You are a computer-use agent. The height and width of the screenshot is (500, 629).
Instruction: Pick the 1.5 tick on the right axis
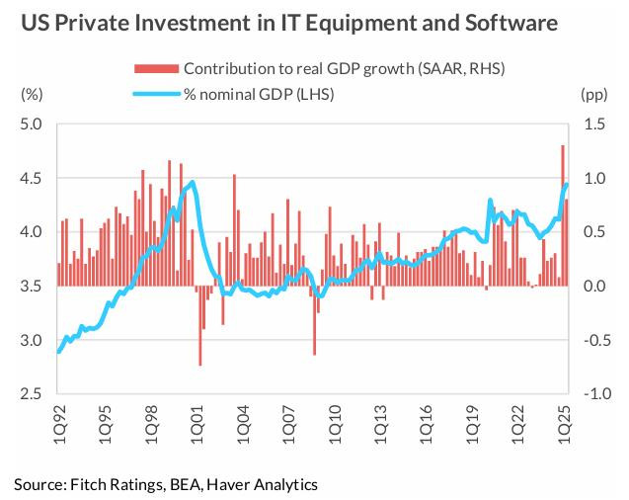tap(593, 125)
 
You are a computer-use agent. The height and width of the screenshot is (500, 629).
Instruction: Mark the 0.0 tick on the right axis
tap(593, 287)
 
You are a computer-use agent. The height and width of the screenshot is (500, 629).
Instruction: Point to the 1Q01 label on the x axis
tap(197, 423)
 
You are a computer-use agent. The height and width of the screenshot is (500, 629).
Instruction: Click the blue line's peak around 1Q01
tap(192, 182)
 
